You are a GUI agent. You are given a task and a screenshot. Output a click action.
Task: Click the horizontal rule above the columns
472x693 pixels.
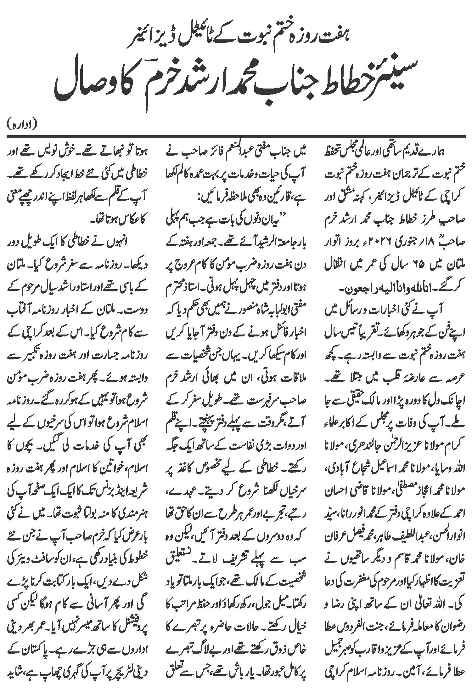[236, 136]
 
